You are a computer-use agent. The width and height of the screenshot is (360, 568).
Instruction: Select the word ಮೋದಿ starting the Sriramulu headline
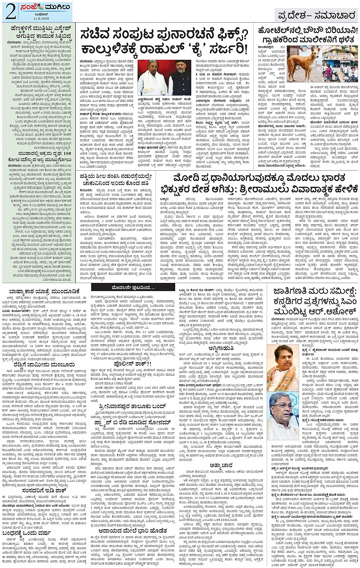[187, 178]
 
